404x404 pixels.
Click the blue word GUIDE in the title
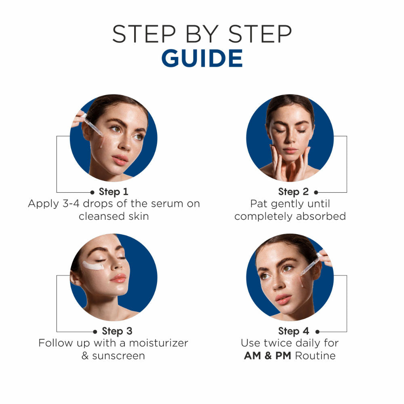pyautogui.click(x=202, y=58)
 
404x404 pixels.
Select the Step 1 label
pyautogui.click(x=114, y=191)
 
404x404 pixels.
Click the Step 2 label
pyautogui.click(x=293, y=191)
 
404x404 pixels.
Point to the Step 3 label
pyautogui.click(x=117, y=331)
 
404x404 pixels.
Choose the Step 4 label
pyautogui.click(x=293, y=331)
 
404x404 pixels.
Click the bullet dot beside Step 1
pyautogui.click(x=92, y=192)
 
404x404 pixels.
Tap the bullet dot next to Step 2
pyautogui.click(x=316, y=192)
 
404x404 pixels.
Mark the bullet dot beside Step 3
pyautogui.click(x=95, y=332)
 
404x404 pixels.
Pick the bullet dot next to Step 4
pyautogui.click(x=318, y=332)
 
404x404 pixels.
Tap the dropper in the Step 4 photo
pyautogui.click(x=311, y=265)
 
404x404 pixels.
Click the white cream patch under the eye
pyautogui.click(x=93, y=266)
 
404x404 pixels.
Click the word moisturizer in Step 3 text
pyautogui.click(x=158, y=343)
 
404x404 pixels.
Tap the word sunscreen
pyautogui.click(x=118, y=356)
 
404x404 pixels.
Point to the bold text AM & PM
pyautogui.click(x=267, y=356)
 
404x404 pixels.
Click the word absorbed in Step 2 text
pyautogui.click(x=321, y=216)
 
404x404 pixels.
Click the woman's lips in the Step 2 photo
pyautogui.click(x=290, y=150)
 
